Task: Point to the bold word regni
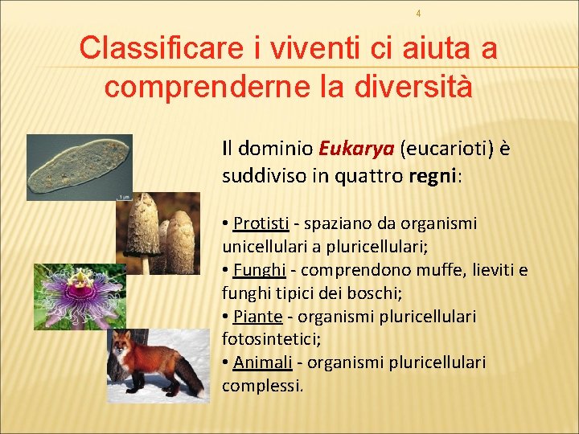[x=430, y=177]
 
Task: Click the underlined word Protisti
[x=255, y=223]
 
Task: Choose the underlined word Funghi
[x=254, y=269]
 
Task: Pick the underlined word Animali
[x=262, y=362]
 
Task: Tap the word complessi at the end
[x=261, y=386]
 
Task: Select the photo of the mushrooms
[x=158, y=233]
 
